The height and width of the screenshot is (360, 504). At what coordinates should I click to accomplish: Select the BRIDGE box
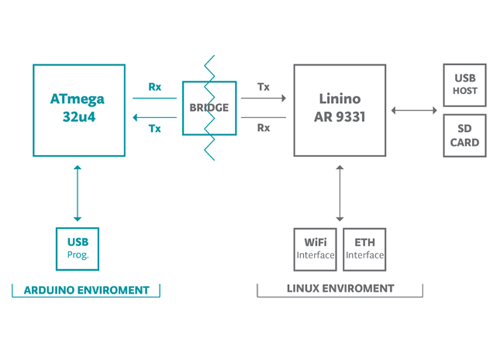pos(209,108)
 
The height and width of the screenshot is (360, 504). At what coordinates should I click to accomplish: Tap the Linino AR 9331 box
pos(339,109)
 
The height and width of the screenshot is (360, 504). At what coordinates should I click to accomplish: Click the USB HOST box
pos(465,84)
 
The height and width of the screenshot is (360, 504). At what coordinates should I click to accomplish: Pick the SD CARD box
pos(465,136)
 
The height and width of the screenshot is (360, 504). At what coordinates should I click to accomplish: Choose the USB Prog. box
pos(77,248)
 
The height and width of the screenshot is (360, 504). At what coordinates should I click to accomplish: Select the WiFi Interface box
pos(315,248)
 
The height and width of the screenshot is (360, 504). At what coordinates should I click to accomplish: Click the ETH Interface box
pos(364,248)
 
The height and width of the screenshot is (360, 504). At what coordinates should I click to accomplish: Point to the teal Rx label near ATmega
pos(155,87)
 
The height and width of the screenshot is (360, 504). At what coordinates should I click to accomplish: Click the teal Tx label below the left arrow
pos(155,129)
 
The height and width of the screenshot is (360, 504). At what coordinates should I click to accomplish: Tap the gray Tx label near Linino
pos(264,87)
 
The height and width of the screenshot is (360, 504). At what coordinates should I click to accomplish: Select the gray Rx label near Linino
pos(264,128)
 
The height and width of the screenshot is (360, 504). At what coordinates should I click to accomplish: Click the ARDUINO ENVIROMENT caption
pos(86,290)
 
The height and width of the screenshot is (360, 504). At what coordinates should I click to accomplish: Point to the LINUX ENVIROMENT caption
pos(341,289)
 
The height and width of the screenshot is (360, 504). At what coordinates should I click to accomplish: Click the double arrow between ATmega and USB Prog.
pos(77,193)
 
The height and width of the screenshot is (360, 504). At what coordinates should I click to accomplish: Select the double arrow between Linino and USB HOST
pos(414,110)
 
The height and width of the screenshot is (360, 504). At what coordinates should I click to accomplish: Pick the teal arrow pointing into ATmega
pos(155,118)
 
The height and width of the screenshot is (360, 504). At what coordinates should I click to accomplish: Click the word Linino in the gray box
pos(339,99)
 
